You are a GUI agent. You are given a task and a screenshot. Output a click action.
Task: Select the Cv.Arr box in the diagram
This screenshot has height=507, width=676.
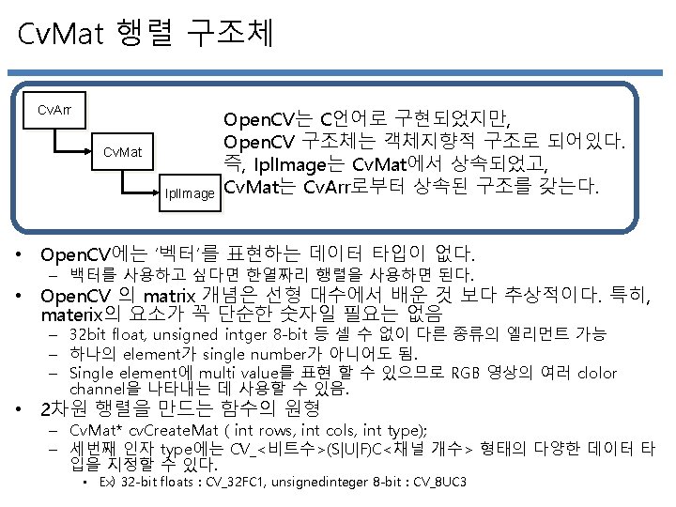click(54, 110)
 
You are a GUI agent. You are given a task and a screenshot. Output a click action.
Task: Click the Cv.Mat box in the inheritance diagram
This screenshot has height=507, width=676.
click(122, 151)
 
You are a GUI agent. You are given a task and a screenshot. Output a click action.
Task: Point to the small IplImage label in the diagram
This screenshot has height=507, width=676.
click(191, 193)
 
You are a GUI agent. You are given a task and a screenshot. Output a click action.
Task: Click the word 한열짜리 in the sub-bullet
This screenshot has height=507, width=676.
click(261, 274)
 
